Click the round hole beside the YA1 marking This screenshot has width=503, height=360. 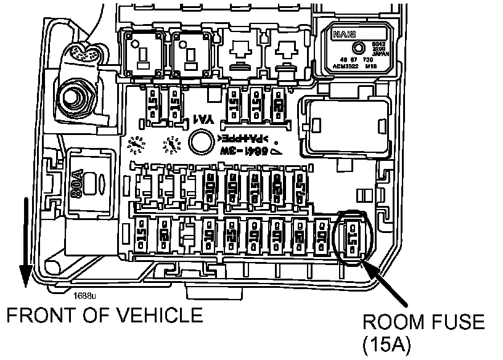tap(200, 142)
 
